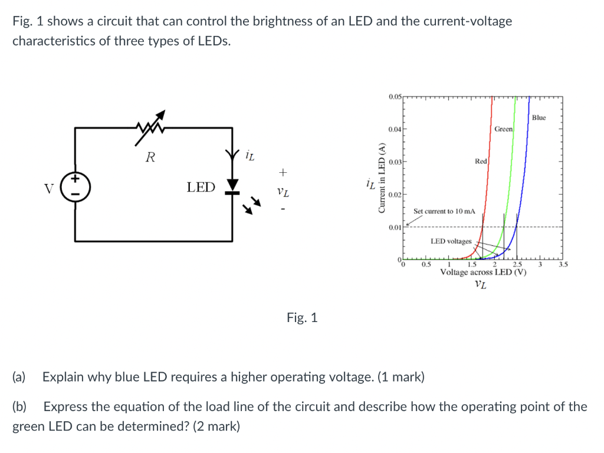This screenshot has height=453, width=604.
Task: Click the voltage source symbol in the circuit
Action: pos(75,187)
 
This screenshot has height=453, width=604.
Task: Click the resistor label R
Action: pos(151,157)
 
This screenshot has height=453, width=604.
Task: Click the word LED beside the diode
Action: pos(201,188)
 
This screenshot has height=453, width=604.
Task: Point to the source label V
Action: pos(49,188)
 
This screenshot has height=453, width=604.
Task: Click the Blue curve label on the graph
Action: pos(539,118)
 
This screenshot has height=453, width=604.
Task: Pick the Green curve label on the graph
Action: pos(503,129)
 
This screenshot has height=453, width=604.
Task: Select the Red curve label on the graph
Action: pos(481,161)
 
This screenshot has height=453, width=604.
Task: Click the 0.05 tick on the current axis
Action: pos(395,96)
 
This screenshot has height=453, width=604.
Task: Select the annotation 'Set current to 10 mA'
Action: pos(444,211)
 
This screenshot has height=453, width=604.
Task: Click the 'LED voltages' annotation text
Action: pos(451,241)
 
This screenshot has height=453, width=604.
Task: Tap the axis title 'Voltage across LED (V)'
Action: pos(482,273)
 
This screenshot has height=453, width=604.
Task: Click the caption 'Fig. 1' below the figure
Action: pos(302,318)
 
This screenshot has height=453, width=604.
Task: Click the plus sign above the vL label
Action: pos(283,172)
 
